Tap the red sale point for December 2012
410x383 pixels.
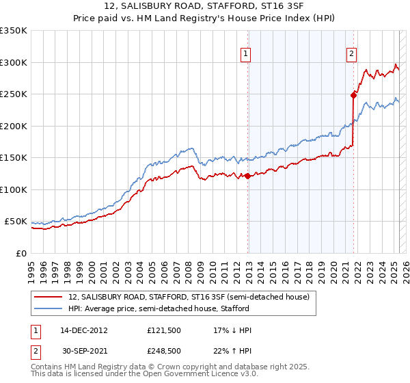(248, 176)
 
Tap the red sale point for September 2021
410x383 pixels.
(354, 95)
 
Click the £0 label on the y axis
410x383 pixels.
(21, 253)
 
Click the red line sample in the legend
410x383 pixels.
(47, 297)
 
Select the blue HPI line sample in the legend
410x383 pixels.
(47, 308)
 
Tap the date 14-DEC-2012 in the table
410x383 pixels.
(84, 330)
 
